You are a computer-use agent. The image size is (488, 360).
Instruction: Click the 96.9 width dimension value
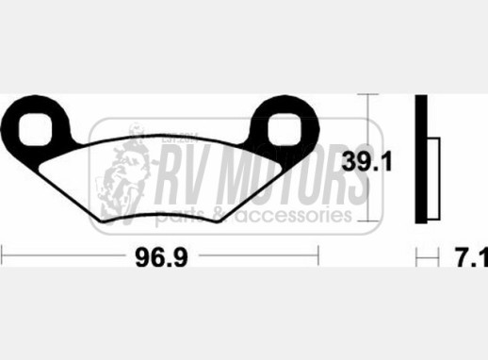[161, 257]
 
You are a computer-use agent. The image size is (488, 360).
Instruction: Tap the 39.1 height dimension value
[366, 162]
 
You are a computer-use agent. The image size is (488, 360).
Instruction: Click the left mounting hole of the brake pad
[35, 129]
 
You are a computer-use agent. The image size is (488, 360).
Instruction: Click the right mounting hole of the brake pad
[285, 129]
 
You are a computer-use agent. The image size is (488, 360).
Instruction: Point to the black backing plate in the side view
[421, 159]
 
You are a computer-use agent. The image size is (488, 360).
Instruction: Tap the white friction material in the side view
[433, 178]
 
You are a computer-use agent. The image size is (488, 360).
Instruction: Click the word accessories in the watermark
[294, 215]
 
